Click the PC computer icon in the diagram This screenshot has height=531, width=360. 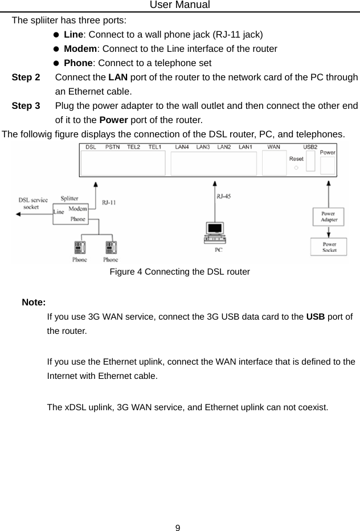[215, 232]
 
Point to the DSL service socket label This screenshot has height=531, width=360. [32, 203]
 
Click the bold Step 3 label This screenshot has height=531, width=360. [26, 106]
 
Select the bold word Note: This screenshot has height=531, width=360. [34, 302]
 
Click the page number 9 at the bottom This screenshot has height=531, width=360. [178, 527]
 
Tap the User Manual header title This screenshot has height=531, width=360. [180, 5]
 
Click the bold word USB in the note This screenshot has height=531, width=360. [316, 316]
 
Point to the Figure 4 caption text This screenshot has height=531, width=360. [179, 272]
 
